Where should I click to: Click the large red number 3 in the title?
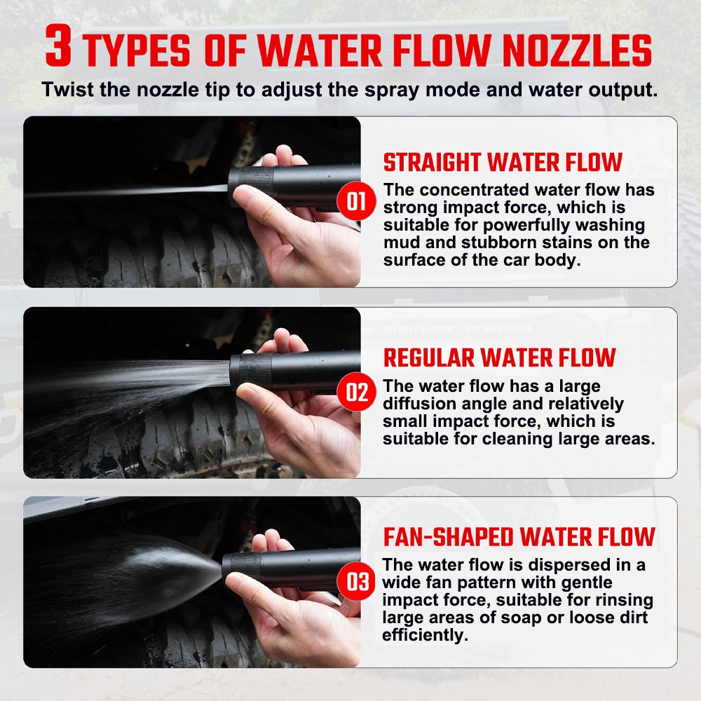tap(58, 46)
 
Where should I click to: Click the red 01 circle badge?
tap(356, 200)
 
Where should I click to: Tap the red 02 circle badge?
tap(356, 392)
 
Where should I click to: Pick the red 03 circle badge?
tap(356, 581)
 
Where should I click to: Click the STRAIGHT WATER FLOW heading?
tap(503, 163)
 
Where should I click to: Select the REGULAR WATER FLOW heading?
tap(499, 358)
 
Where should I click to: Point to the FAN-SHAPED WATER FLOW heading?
tap(519, 537)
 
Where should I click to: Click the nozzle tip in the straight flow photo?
tap(251, 186)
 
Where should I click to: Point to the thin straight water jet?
tap(126, 191)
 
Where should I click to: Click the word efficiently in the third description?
tap(424, 635)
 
